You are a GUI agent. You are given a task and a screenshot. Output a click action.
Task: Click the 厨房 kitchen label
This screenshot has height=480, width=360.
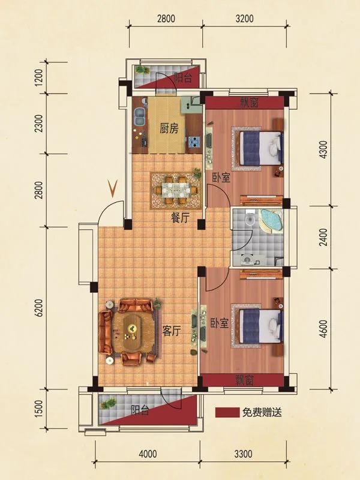169,128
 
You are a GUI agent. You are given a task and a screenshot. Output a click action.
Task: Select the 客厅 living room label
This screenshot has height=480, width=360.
172,330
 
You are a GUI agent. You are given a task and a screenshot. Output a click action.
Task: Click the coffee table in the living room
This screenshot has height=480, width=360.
132,328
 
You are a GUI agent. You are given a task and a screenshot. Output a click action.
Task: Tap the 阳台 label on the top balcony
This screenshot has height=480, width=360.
183,77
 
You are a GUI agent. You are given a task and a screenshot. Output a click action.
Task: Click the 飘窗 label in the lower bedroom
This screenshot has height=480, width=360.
244,380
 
